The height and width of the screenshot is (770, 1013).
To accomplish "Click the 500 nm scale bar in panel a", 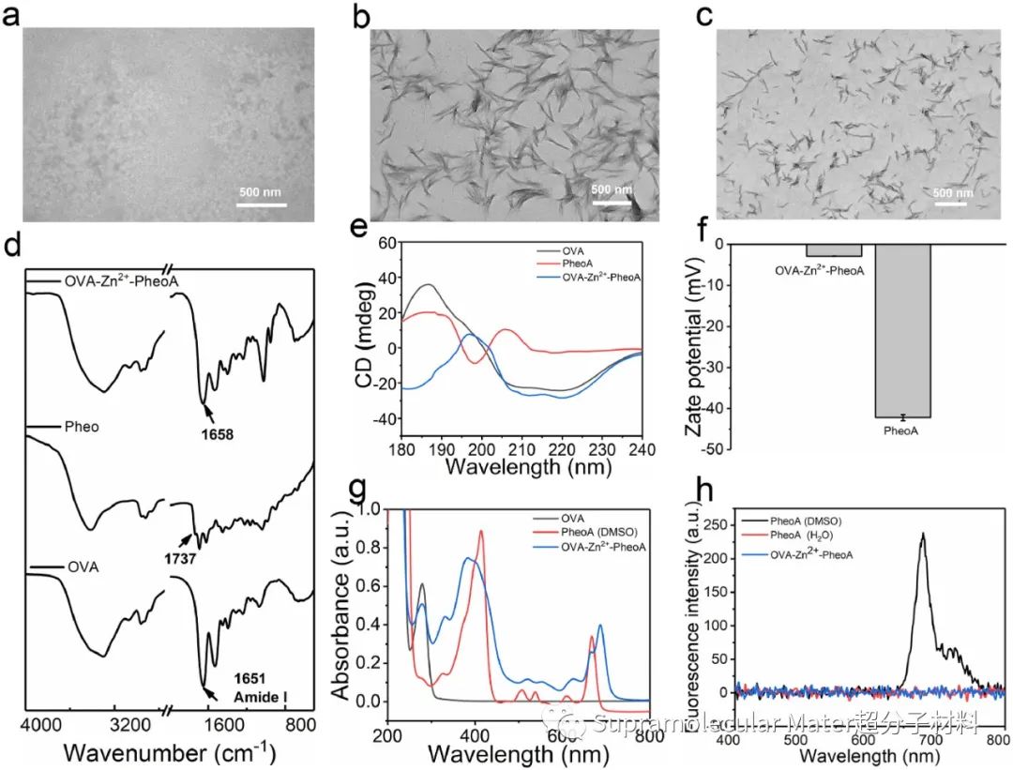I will click(261, 203).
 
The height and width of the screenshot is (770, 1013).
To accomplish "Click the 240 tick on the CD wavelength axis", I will click(642, 446).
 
